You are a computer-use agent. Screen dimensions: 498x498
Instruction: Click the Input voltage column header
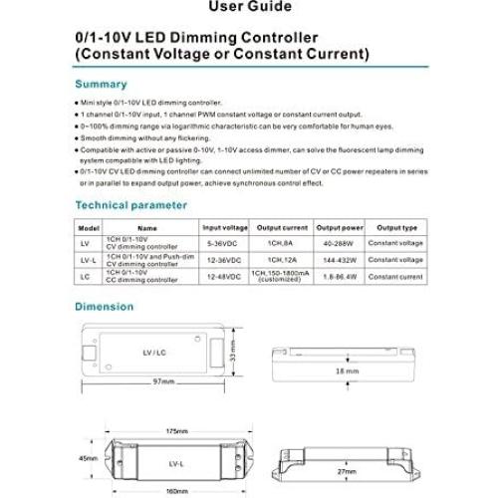click(x=225, y=227)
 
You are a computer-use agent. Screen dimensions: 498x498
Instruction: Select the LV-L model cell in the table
click(x=84, y=259)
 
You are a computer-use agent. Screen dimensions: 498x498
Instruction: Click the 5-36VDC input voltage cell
click(x=225, y=242)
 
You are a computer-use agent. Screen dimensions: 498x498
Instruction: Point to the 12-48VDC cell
click(x=225, y=275)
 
